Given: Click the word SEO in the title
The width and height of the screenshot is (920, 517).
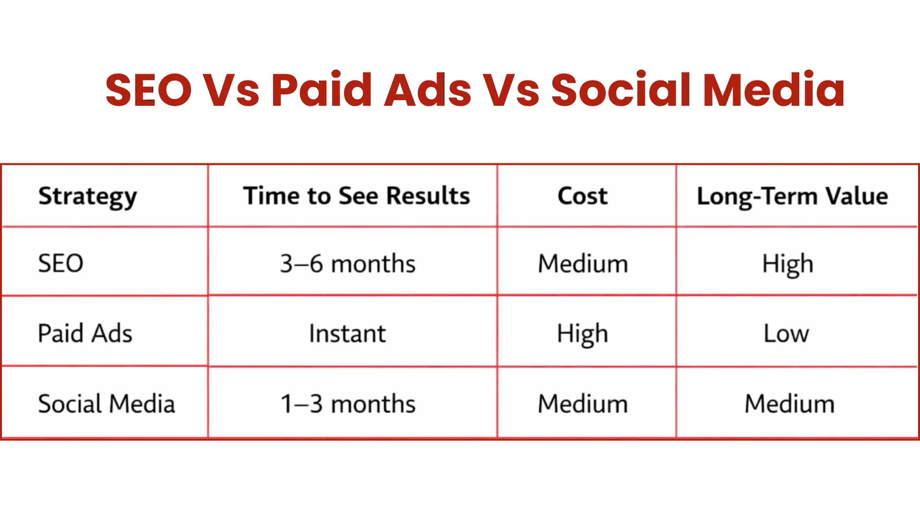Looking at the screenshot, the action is pyautogui.click(x=149, y=90).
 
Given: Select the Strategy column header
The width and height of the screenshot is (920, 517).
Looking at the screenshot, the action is pyautogui.click(x=88, y=197).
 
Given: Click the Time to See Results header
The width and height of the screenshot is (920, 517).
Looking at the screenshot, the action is pyautogui.click(x=356, y=196).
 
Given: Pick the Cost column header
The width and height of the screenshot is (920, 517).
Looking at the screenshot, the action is pyautogui.click(x=583, y=196).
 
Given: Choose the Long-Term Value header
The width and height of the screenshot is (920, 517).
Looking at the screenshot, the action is pyautogui.click(x=793, y=197).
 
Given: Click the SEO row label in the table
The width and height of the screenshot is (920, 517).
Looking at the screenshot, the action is pyautogui.click(x=61, y=263).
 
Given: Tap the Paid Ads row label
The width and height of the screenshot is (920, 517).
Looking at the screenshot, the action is pyautogui.click(x=85, y=333).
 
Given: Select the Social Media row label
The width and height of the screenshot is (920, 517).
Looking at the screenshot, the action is pyautogui.click(x=106, y=404).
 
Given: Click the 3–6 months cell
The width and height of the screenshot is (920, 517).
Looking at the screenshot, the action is pyautogui.click(x=348, y=264).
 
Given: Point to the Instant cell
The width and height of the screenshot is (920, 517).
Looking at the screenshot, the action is pyautogui.click(x=347, y=334).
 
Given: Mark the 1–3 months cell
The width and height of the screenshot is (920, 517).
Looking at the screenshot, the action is pyautogui.click(x=348, y=404).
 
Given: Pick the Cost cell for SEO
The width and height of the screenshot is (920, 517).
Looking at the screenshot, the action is pyautogui.click(x=583, y=264).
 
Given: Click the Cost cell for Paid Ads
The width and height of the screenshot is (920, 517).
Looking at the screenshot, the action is pyautogui.click(x=583, y=334).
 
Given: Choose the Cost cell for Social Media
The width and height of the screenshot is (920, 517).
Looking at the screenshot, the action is pyautogui.click(x=583, y=404).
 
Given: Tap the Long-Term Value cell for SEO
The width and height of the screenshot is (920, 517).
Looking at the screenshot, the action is pyautogui.click(x=788, y=264).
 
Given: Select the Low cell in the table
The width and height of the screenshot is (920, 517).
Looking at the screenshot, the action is pyautogui.click(x=786, y=334).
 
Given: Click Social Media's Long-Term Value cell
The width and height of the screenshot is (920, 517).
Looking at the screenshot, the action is pyautogui.click(x=789, y=404).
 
